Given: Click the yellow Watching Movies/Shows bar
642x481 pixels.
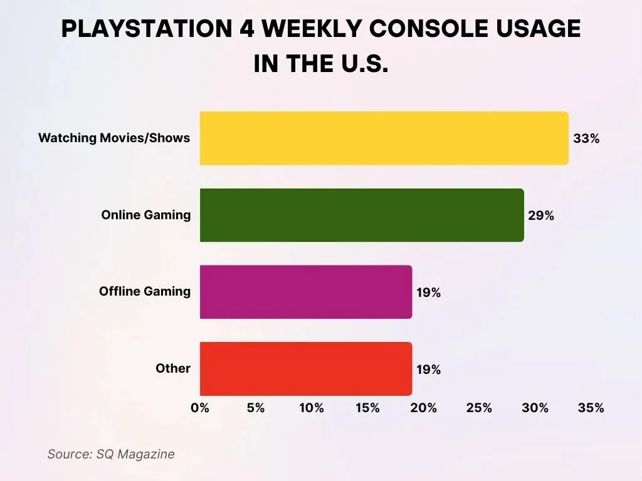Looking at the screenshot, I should click(x=384, y=138).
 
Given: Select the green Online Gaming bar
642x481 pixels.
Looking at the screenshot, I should click(x=362, y=215).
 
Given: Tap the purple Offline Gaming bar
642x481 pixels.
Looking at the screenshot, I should click(x=306, y=292).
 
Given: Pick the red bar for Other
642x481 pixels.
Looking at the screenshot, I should click(x=306, y=369).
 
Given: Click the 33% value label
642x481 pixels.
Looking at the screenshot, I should click(x=586, y=139).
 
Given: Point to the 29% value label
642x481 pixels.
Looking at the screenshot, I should click(x=541, y=215).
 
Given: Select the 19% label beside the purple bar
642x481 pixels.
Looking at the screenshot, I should click(x=429, y=292).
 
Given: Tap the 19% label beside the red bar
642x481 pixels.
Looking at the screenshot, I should click(x=429, y=370).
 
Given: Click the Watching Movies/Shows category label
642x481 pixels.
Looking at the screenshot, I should click(x=114, y=138).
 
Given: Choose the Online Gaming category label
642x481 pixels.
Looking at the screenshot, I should click(x=146, y=215).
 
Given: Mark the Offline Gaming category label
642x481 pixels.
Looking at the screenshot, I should click(x=145, y=291).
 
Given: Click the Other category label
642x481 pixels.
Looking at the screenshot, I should click(x=173, y=368).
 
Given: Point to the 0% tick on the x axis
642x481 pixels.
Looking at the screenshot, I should click(x=200, y=408).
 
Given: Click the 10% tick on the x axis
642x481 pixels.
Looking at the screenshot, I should click(x=312, y=408).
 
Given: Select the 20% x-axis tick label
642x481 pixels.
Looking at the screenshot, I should click(x=424, y=408).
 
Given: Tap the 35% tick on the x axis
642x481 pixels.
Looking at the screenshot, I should click(x=591, y=408).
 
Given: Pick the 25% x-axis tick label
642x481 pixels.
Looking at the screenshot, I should click(x=480, y=408).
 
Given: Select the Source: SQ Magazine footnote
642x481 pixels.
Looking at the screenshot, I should click(x=111, y=454).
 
